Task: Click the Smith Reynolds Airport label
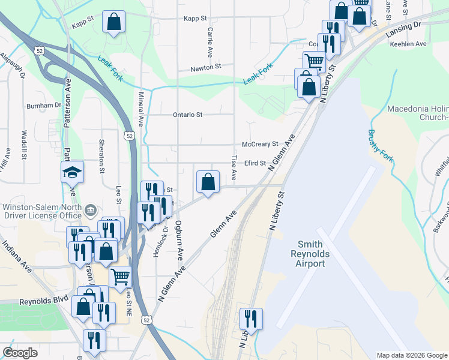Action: coord(310,254)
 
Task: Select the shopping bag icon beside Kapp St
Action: coord(113,22)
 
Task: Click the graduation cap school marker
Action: coord(72,172)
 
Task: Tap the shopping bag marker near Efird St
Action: coord(207,182)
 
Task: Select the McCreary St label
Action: coord(260,145)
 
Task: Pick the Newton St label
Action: coord(206,67)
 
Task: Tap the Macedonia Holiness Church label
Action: coord(418,113)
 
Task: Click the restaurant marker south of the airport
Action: coord(250,318)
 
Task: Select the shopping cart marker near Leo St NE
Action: coord(121,277)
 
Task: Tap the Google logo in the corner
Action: coord(20,353)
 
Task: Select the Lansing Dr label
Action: coord(404,26)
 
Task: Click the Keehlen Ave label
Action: coord(408,44)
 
